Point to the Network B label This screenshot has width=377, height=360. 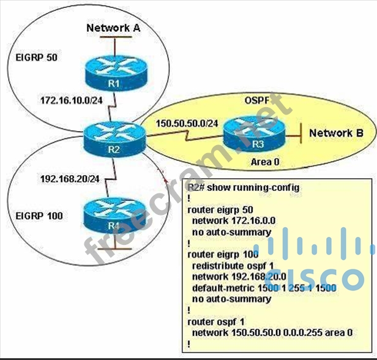[336, 132]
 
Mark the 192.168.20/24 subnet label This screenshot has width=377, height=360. [69, 179]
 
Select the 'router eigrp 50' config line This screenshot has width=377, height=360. [222, 209]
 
